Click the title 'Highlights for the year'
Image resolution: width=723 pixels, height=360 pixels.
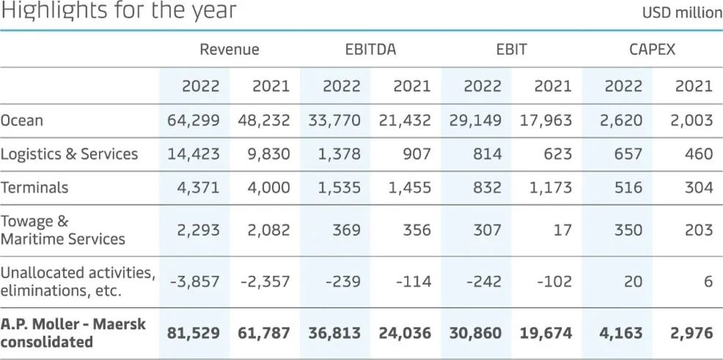119,12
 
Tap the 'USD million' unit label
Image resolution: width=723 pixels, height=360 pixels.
682,13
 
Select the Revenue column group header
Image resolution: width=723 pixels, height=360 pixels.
230,50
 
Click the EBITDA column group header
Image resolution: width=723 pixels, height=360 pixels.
370,50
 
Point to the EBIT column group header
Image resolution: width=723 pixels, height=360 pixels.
511,50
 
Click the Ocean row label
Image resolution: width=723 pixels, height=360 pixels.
23,120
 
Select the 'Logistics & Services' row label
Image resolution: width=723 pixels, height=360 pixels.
69,154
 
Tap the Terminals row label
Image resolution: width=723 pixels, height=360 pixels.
34,188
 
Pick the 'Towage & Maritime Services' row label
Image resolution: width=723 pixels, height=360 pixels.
62,230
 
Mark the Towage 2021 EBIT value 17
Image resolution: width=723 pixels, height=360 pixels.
561,230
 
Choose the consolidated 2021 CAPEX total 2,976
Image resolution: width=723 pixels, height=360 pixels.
691,334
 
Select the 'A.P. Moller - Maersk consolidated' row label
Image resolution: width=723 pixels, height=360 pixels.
73,334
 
